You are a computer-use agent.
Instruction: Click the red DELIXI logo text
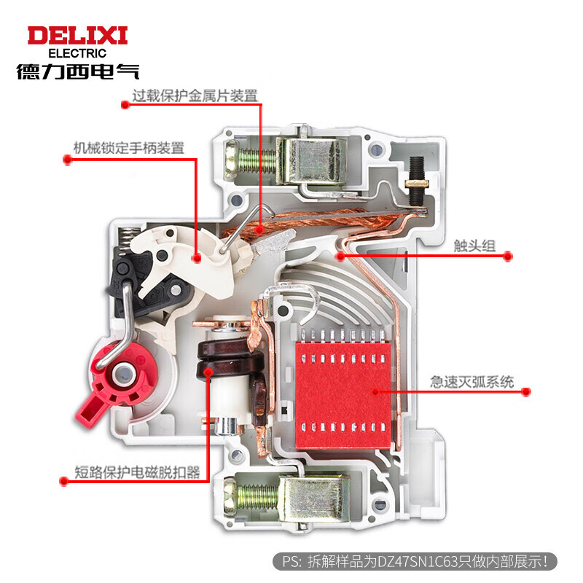pyautogui.click(x=77, y=35)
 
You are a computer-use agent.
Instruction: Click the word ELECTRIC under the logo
pyautogui.click(x=77, y=53)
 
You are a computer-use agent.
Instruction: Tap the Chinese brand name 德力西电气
pyautogui.click(x=77, y=72)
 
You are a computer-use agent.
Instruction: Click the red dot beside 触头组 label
pyautogui.click(x=509, y=257)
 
